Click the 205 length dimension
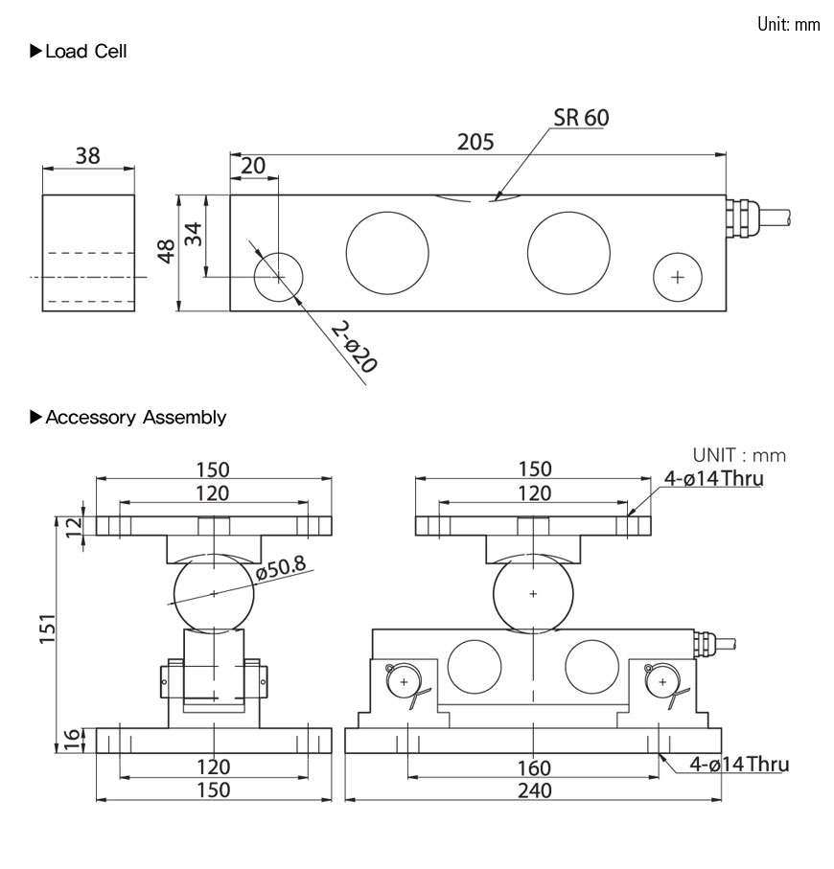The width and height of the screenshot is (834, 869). (x=475, y=142)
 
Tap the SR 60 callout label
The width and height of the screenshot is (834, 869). (x=581, y=118)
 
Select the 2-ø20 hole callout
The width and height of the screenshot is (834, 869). (x=353, y=346)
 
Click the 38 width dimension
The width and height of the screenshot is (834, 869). (x=87, y=155)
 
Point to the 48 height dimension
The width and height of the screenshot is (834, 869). (x=166, y=253)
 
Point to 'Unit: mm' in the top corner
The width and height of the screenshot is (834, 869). (x=788, y=24)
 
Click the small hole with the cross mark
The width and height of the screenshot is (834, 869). (x=679, y=278)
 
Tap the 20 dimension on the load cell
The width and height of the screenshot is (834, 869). (x=253, y=166)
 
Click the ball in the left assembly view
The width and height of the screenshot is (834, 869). (x=214, y=594)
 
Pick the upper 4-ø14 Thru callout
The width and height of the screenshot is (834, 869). (x=715, y=478)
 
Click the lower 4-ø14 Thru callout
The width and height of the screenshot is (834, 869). (x=740, y=764)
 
